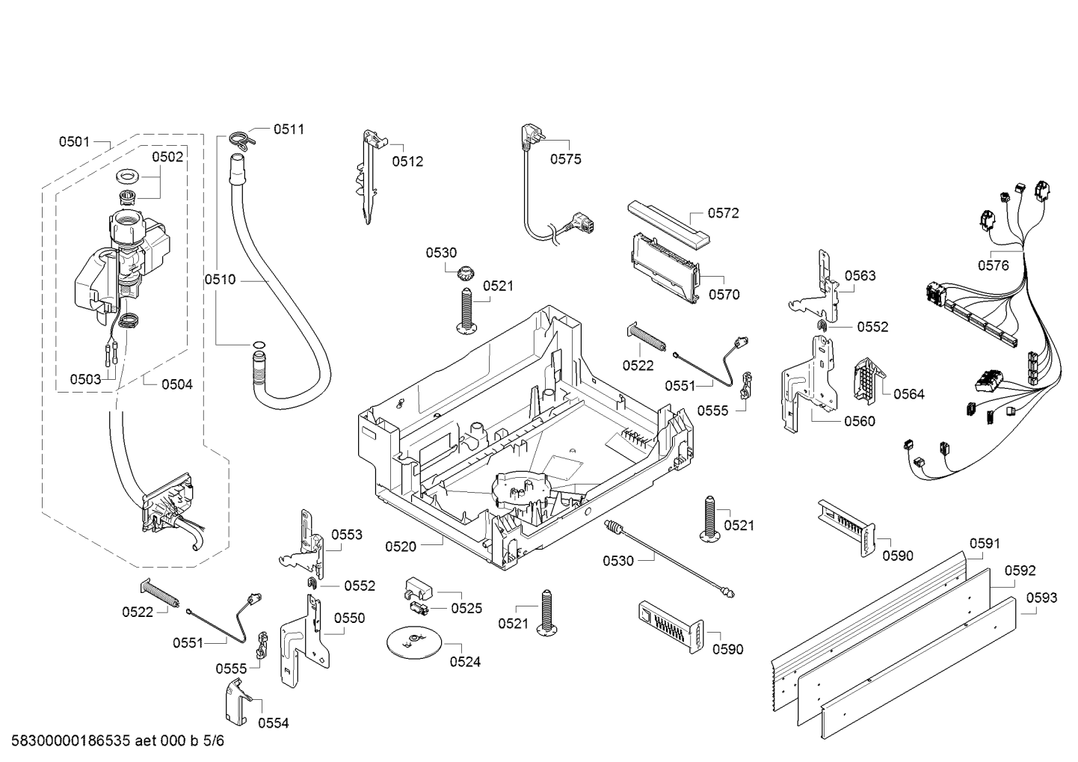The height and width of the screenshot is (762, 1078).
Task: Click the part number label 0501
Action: coord(74,141)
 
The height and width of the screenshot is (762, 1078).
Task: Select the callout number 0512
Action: coord(407,161)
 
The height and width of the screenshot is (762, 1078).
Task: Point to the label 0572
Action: coord(723,213)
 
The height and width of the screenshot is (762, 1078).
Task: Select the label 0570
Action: coord(724,295)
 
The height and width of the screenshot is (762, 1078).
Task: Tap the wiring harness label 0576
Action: coord(994,265)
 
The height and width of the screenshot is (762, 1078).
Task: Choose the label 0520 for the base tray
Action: coord(401,547)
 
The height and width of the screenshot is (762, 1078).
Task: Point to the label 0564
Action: coord(908,394)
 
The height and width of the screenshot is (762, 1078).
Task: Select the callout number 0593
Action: coord(1041,597)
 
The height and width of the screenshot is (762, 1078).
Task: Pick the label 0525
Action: coord(466,608)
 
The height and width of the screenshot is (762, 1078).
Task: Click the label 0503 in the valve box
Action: coord(85,379)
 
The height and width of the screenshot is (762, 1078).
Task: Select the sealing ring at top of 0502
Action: coord(129,178)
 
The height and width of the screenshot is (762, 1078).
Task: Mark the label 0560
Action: coord(859,421)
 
